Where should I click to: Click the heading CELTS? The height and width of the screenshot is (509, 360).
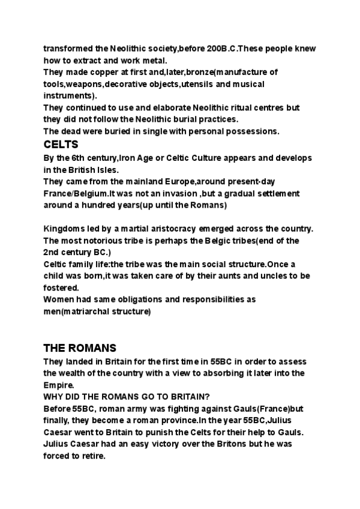61,145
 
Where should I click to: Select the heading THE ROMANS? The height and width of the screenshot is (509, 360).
79,348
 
